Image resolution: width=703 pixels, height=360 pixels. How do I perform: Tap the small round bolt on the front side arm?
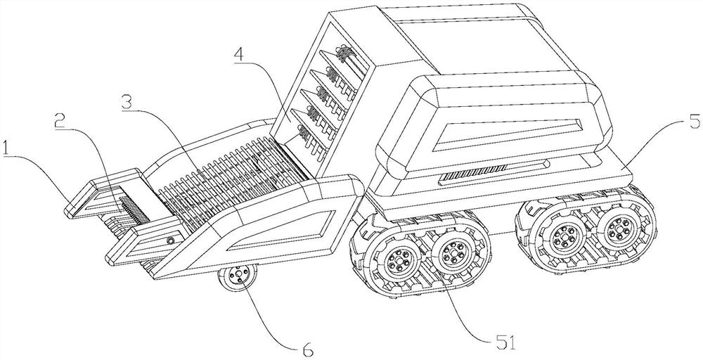tap(169, 241)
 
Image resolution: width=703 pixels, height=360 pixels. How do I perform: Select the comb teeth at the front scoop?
tap(132, 207)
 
